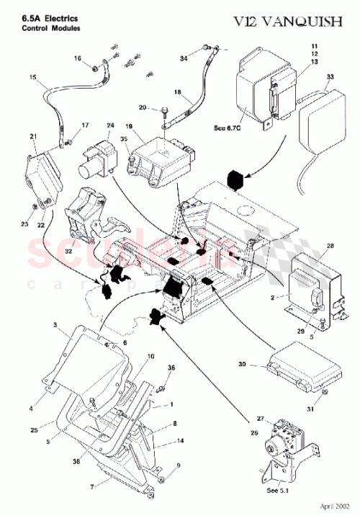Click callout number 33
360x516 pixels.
pyautogui.click(x=330, y=76)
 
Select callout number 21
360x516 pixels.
pyautogui.click(x=33, y=136)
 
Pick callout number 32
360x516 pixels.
pyautogui.click(x=70, y=252)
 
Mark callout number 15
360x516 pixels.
pyautogui.click(x=32, y=77)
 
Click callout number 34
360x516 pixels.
pyautogui.click(x=184, y=58)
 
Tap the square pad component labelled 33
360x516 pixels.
pyautogui.click(x=318, y=123)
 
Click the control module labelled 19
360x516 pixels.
pyautogui.click(x=162, y=160)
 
